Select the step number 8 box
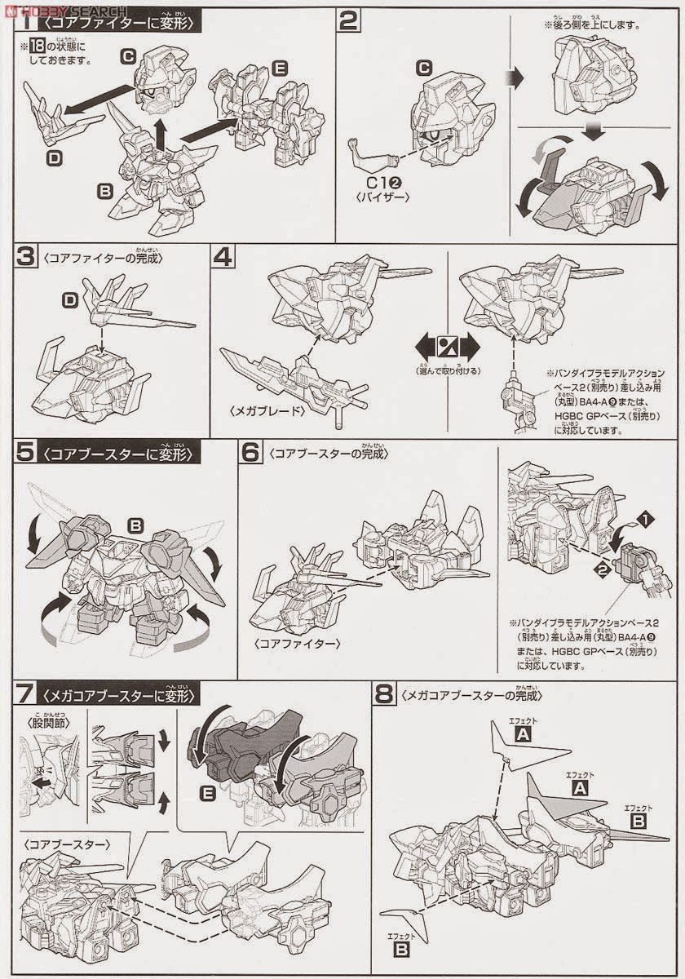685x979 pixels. click(x=384, y=695)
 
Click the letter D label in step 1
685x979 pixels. click(x=54, y=157)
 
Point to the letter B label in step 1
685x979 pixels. click(x=104, y=192)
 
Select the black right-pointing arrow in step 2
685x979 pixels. click(x=512, y=78)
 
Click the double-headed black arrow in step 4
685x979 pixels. click(x=448, y=343)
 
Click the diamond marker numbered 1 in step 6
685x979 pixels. click(x=645, y=518)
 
